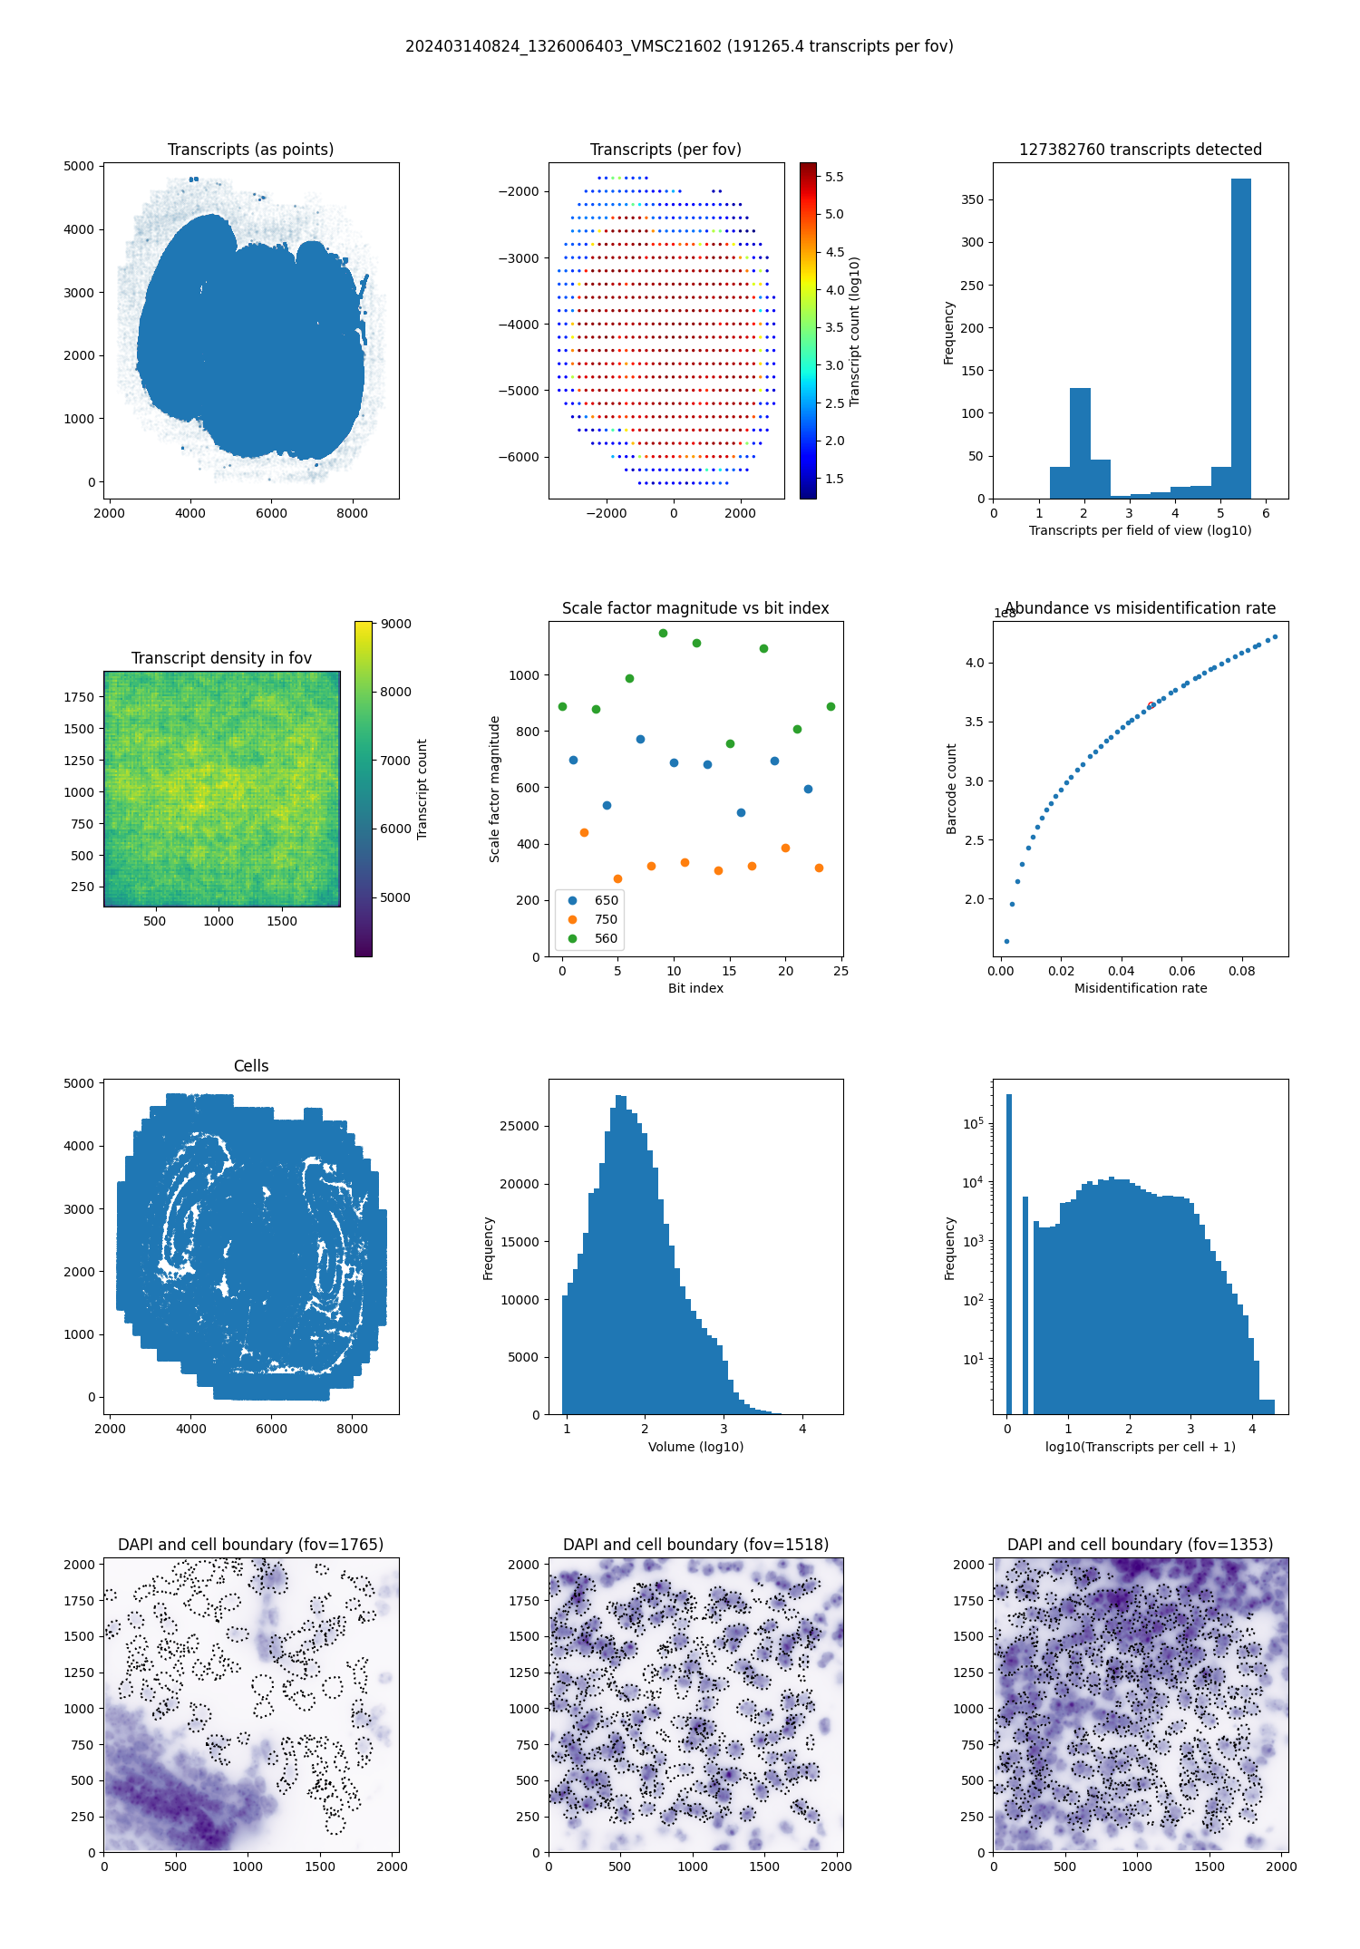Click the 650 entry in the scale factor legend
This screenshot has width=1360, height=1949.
[606, 900]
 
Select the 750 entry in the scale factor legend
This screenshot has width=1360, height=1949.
[606, 919]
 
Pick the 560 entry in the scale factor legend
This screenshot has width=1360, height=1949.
[606, 938]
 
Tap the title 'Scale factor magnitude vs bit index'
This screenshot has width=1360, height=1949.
[695, 608]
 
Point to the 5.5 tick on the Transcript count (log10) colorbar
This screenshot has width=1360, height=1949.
[834, 177]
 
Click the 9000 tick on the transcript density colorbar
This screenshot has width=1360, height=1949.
[395, 624]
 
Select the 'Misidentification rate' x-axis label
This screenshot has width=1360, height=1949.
[1141, 988]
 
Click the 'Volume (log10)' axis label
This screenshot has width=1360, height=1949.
[695, 1447]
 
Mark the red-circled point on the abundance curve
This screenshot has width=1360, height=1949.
[1151, 705]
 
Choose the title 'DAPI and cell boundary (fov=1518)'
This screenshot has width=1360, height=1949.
[695, 1545]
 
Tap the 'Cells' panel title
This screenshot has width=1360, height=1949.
[251, 1066]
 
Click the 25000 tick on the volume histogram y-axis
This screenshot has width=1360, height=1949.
[520, 1126]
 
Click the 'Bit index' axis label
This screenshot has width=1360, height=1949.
[695, 988]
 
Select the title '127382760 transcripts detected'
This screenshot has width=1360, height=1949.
[1141, 150]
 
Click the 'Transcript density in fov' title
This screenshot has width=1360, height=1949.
[221, 658]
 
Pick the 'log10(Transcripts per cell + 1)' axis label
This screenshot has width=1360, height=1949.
[1141, 1447]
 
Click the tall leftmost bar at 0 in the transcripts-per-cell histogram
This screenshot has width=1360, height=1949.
[1008, 1251]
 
